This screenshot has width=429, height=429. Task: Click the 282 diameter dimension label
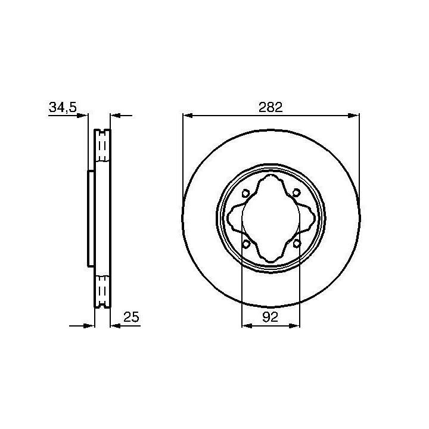coord(271,107)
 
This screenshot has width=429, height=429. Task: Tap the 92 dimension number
coord(270,317)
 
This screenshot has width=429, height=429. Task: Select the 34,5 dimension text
coord(63,107)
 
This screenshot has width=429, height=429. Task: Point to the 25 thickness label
coord(131,317)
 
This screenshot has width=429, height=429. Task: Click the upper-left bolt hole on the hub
coord(245,193)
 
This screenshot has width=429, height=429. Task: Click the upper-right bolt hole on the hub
coord(296,193)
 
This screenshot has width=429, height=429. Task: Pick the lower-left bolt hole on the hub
coord(246,243)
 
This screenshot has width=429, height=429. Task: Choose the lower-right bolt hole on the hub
coord(297,243)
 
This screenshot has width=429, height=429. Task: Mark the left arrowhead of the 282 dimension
coord(188,116)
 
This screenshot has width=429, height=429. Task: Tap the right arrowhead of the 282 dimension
coord(354,116)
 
